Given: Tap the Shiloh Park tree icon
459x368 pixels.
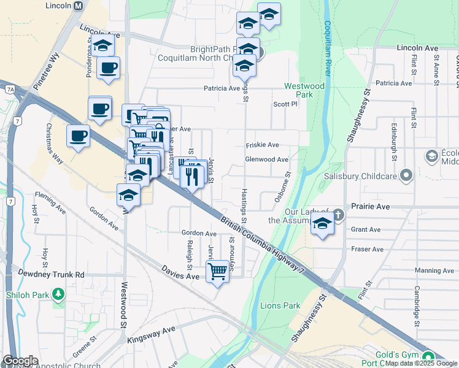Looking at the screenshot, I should click(58, 295).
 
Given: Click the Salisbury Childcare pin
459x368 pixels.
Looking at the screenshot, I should click(406, 177).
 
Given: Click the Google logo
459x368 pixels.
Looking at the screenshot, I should click(20, 361).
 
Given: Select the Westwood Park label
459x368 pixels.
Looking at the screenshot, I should click(303, 90).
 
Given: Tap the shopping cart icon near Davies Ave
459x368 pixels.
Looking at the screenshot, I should click(217, 270).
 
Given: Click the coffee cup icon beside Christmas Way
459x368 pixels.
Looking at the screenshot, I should click(78, 136).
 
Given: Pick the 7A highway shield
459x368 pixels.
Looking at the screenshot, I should click(10, 89).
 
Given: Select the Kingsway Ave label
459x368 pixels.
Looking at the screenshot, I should click(151, 335).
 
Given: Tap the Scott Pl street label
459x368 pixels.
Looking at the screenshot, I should click(285, 104).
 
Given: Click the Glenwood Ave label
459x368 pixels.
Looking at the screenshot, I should click(266, 159).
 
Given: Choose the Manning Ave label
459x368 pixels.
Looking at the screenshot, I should click(434, 270).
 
